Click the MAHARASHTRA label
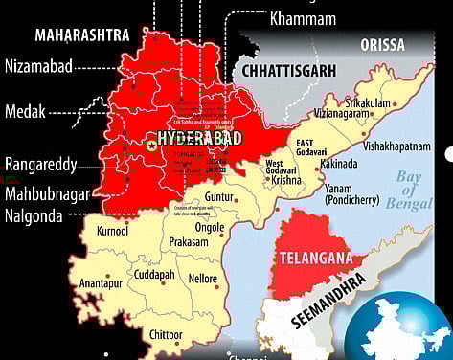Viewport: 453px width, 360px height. point(82,35)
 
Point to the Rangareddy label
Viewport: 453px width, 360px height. point(40,164)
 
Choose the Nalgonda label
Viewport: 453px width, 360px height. point(33,216)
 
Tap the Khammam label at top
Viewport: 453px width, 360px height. point(304,18)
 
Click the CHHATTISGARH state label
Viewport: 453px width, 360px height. point(295,70)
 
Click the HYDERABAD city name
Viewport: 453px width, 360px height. point(200,139)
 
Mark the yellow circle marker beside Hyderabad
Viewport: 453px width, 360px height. point(151,145)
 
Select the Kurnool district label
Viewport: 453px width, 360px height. point(112,232)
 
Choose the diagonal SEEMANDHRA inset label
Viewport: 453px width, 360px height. point(327,300)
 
